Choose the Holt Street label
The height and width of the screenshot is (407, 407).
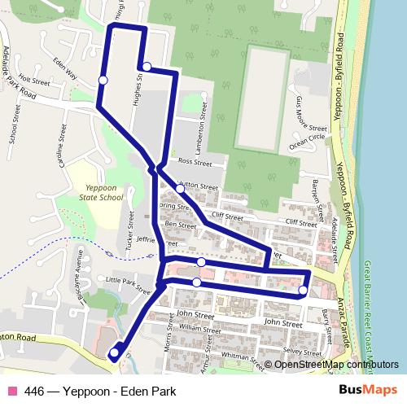35,82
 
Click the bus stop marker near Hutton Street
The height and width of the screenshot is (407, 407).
181,189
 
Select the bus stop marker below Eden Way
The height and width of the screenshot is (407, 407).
103,79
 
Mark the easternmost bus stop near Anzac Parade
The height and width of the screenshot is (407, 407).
303,290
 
